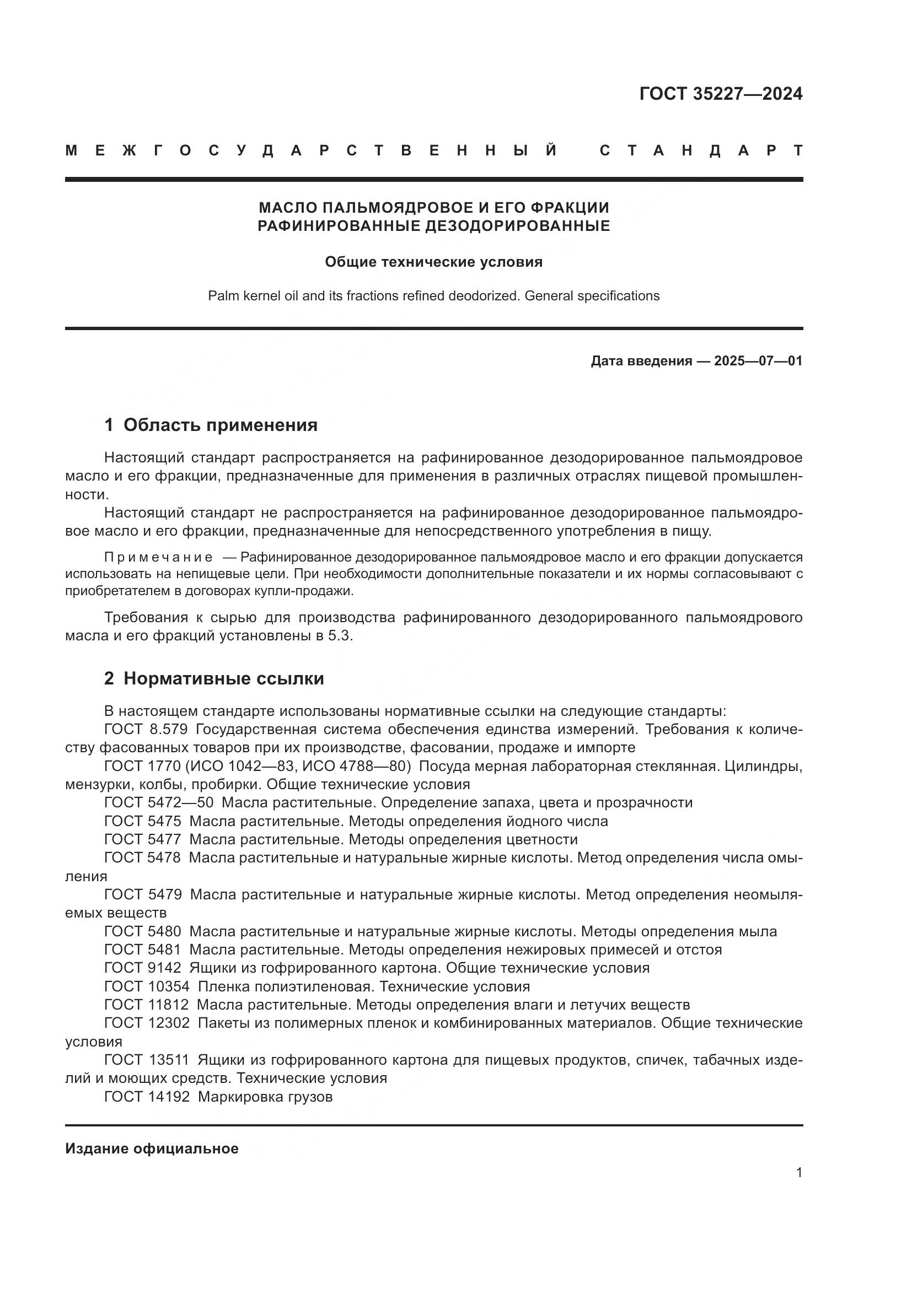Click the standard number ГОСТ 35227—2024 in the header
(721, 93)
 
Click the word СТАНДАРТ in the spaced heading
(701, 150)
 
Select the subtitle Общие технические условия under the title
(433, 262)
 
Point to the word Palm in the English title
(219, 296)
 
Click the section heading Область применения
(220, 425)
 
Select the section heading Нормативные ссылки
(223, 679)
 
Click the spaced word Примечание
(158, 558)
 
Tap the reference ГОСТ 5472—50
(159, 803)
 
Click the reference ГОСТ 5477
(143, 840)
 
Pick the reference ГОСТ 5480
(143, 932)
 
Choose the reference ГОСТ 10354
(147, 987)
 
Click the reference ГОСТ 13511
(147, 1060)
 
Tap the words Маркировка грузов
(265, 1097)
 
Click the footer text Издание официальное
(152, 1148)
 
